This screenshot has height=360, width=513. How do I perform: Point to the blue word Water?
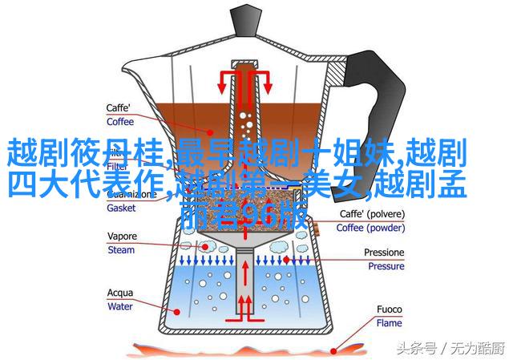(x=121, y=305)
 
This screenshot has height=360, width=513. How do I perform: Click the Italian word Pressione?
(x=385, y=252)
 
